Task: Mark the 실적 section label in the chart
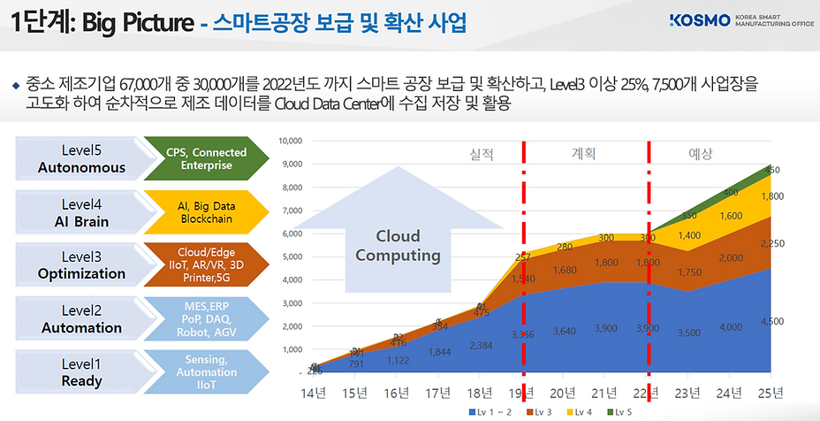coord(482,154)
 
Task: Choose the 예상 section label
coord(700,154)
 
